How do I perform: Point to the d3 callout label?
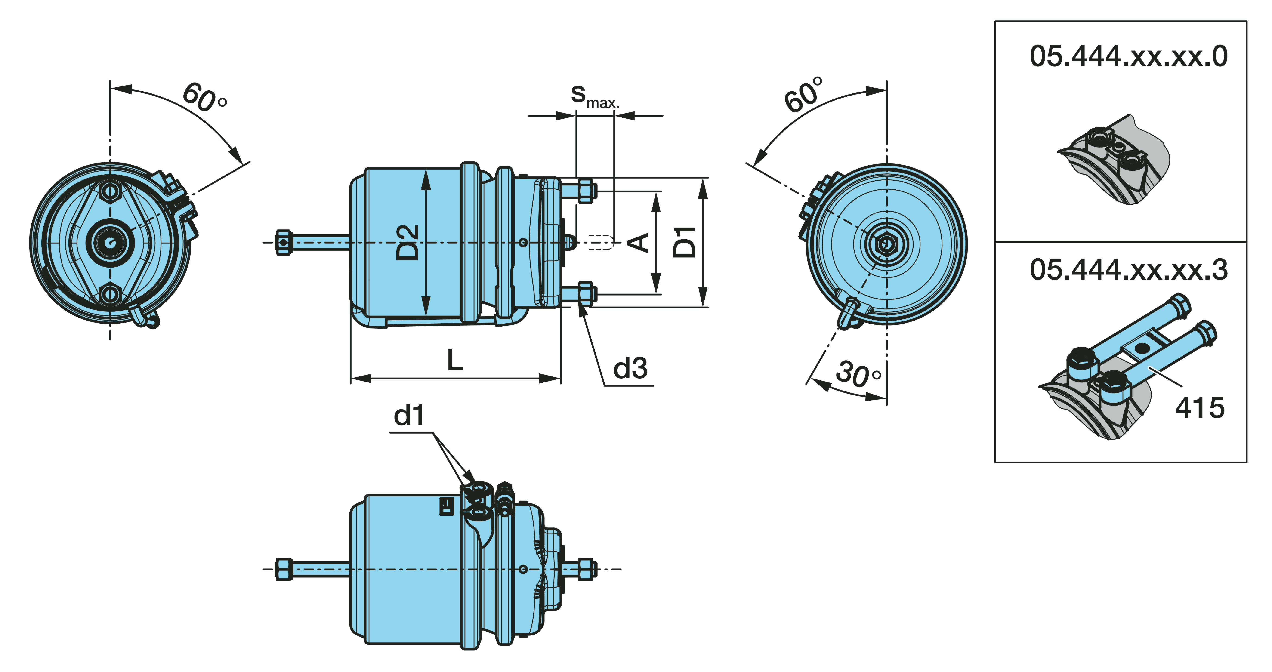point(630,368)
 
